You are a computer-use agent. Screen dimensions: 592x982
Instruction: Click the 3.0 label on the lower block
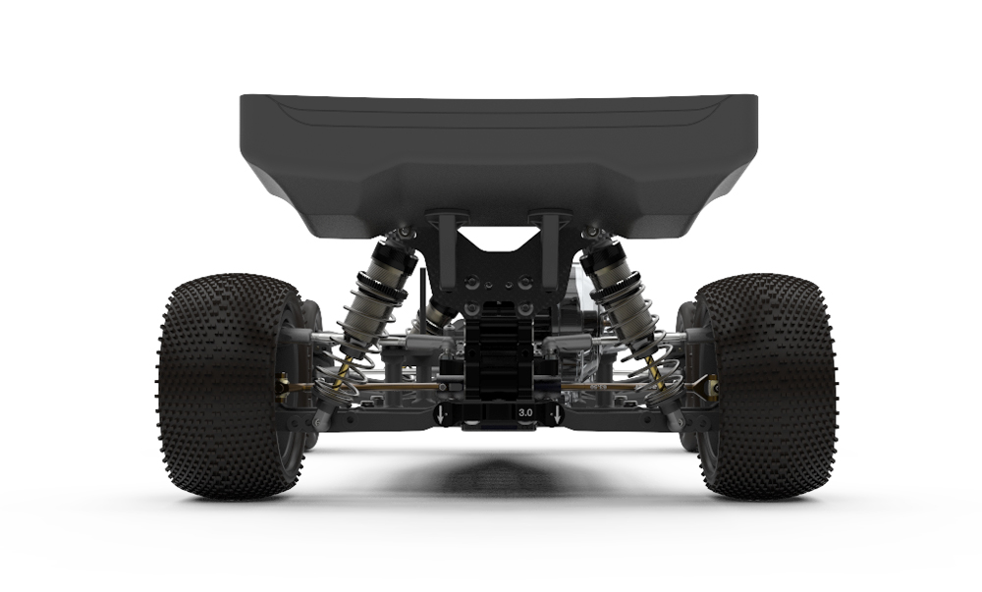[524, 413]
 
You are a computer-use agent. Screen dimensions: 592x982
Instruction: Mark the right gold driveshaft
[628, 387]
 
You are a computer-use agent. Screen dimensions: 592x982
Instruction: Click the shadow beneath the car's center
[496, 476]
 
